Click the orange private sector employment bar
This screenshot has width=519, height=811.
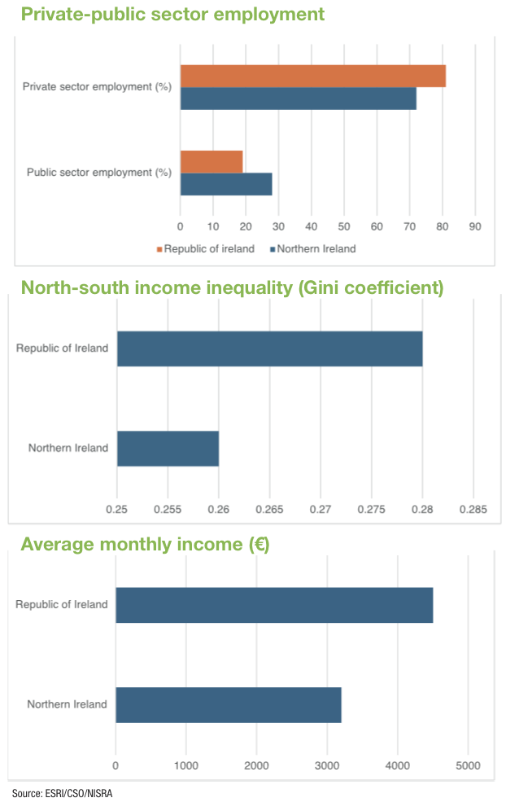click(x=313, y=76)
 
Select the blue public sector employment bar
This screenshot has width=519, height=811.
click(x=226, y=184)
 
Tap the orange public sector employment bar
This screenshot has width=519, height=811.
click(x=212, y=162)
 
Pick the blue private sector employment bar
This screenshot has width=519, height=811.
click(x=299, y=99)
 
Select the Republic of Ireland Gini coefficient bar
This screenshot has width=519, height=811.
click(x=270, y=349)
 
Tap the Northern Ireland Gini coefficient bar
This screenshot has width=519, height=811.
click(x=168, y=449)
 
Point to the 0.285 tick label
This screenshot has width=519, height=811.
click(x=473, y=511)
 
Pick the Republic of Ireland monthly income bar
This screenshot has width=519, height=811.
click(x=274, y=605)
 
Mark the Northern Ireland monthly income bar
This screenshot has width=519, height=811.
click(x=229, y=704)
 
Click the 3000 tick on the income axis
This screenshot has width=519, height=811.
click(x=327, y=765)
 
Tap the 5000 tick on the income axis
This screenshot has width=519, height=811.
click(x=468, y=765)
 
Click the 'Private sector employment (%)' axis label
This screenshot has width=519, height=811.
click(x=97, y=86)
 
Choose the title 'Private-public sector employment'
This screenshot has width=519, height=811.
click(x=172, y=14)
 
